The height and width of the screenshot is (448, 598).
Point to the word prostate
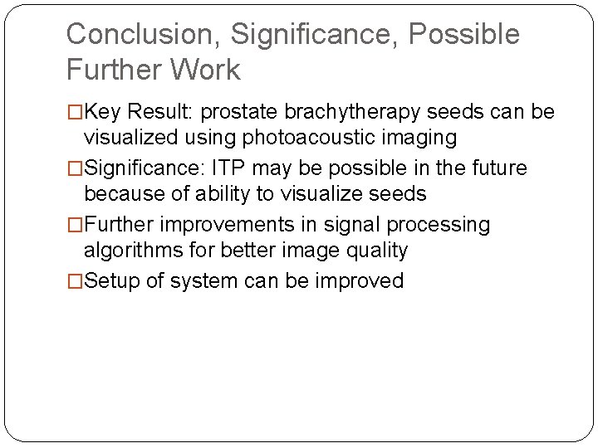click(x=241, y=112)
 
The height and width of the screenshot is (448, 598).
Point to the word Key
click(x=104, y=112)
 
